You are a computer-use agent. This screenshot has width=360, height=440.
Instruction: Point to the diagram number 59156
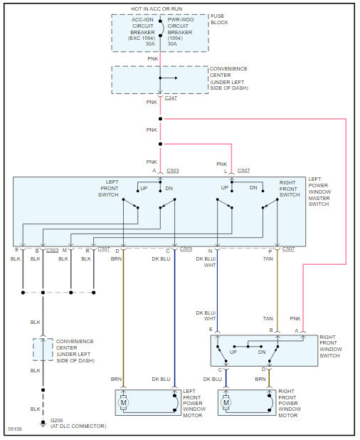pyautogui.click(x=15, y=429)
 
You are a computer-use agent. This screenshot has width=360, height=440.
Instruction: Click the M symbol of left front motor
pyautogui.click(x=124, y=402)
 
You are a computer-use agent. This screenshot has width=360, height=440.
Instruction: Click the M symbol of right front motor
pyautogui.click(x=226, y=402)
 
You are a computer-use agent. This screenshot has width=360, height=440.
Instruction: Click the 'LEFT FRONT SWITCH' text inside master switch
pyautogui.click(x=110, y=188)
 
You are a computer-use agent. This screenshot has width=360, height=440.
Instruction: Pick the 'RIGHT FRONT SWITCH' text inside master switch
pyautogui.click(x=290, y=188)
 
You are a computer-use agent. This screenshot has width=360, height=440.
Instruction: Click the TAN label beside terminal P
pyautogui.click(x=268, y=259)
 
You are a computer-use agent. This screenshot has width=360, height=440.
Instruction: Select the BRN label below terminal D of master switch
pyautogui.click(x=116, y=259)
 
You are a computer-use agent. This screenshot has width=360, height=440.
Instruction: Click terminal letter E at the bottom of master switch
pyautogui.click(x=16, y=251)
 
